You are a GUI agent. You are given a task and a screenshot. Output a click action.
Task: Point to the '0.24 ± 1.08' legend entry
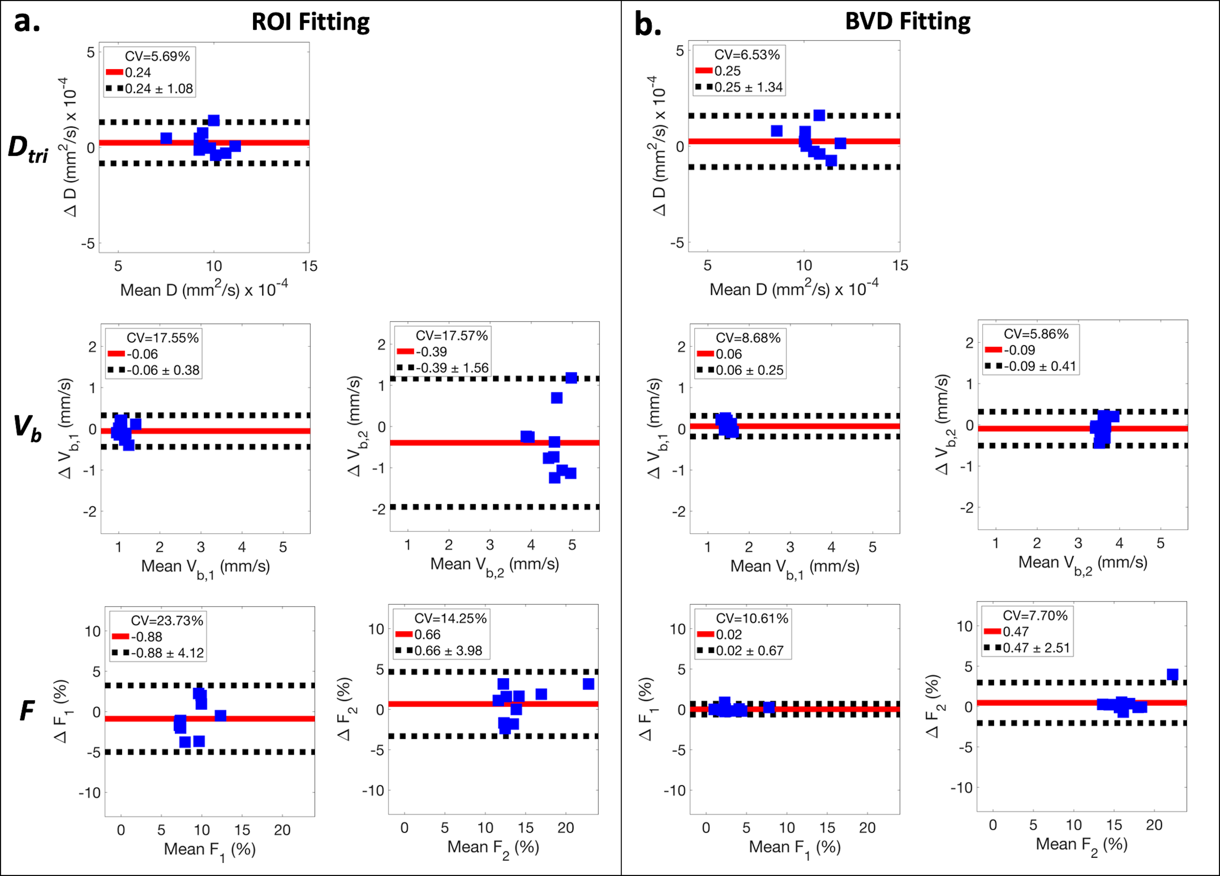click(x=159, y=89)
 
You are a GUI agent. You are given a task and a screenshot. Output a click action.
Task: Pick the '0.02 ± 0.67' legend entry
click(x=749, y=651)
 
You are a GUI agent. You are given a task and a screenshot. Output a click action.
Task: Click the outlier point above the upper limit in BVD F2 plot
click(x=1173, y=674)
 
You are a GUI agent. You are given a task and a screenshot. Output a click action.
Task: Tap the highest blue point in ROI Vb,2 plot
click(x=571, y=378)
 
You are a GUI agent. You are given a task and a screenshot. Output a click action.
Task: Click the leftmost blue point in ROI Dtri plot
click(x=166, y=138)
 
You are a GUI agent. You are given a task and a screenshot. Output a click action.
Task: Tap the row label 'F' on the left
click(x=27, y=711)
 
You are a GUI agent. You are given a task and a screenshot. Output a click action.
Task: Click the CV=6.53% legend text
click(x=747, y=55)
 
